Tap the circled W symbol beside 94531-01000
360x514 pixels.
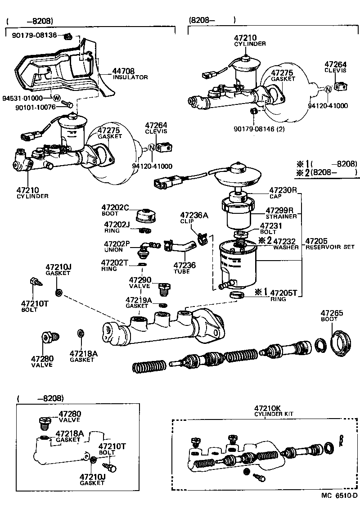point(56,98)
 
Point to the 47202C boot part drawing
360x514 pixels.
point(146,215)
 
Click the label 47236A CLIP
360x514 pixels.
point(194,218)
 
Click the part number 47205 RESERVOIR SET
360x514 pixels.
point(317,241)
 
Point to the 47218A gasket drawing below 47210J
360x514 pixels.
point(80,334)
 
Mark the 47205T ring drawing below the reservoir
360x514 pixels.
point(237,295)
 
